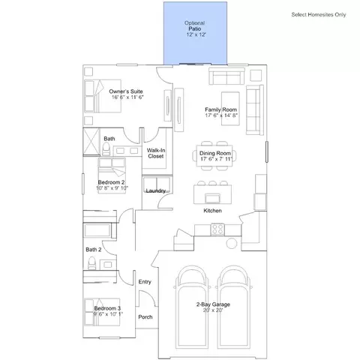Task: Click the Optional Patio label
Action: (x=195, y=25)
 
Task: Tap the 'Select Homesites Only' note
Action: (x=319, y=14)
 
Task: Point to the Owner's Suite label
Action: (x=126, y=91)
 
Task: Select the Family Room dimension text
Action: (x=221, y=115)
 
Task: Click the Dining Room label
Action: (x=215, y=153)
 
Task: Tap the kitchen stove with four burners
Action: (x=217, y=229)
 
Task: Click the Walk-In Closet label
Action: (x=155, y=153)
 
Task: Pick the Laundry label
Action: (x=155, y=190)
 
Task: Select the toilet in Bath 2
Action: (x=92, y=263)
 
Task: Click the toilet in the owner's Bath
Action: (x=106, y=149)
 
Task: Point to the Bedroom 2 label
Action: (x=111, y=182)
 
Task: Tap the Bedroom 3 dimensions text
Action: (x=108, y=314)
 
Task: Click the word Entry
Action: (x=145, y=282)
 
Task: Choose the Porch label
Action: (x=145, y=316)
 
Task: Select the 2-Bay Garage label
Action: (x=213, y=304)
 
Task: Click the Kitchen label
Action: (x=212, y=211)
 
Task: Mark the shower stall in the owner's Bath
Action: (x=91, y=142)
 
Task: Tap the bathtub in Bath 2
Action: (x=97, y=230)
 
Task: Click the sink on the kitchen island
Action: (x=213, y=198)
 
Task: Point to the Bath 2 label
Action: (x=94, y=250)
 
